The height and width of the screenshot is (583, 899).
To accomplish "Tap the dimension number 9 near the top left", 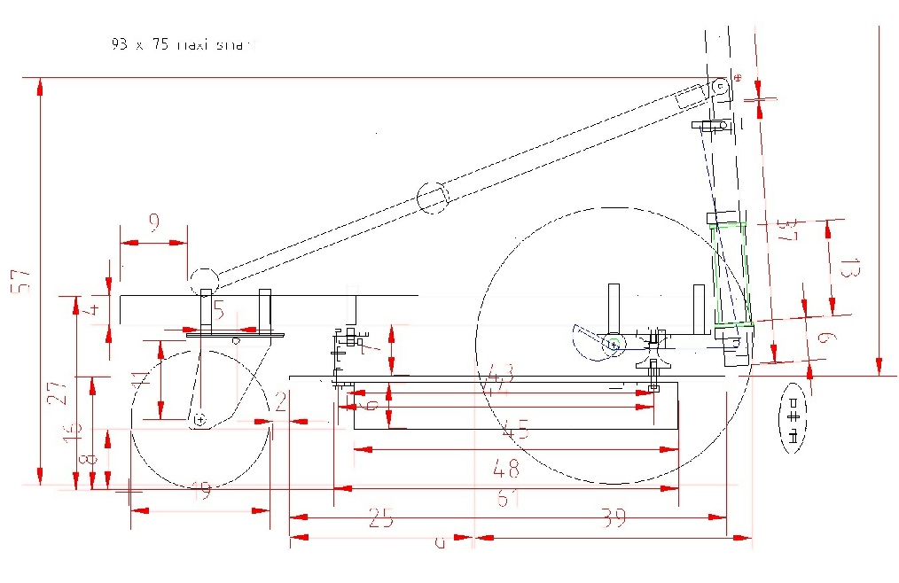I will coord(154,224).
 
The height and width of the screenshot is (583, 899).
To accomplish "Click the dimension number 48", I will coord(507,470).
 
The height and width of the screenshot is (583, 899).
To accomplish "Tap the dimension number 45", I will coord(516,432).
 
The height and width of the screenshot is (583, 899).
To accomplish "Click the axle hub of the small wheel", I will coord(201,418).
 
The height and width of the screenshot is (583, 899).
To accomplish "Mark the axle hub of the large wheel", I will coord(613,342).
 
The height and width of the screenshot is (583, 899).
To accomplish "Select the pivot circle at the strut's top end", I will coord(720,89).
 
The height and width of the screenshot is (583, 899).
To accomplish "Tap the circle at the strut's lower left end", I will coord(203,280).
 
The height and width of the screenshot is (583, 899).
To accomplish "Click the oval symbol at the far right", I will coord(794,418).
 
